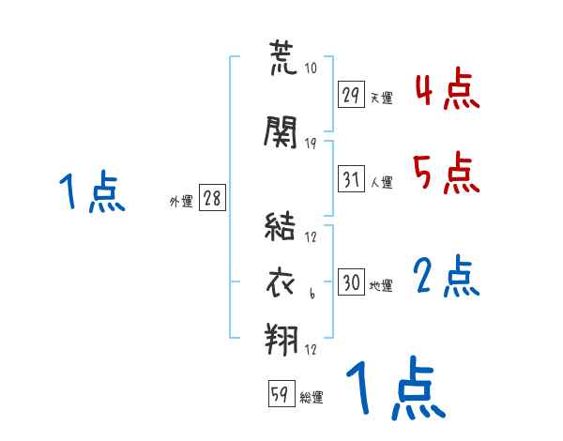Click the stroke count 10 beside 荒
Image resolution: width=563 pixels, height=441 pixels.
coord(312,68)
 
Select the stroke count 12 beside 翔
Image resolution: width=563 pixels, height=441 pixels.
coord(311,351)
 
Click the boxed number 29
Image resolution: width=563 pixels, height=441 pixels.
coord(352,94)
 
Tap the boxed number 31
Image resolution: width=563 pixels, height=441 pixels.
coord(352,179)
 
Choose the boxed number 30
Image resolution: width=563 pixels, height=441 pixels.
coord(352,283)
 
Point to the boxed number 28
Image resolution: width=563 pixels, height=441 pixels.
coord(212,199)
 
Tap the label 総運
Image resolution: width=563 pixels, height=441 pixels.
coord(312,398)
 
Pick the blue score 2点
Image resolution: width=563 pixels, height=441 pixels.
coord(446,278)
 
